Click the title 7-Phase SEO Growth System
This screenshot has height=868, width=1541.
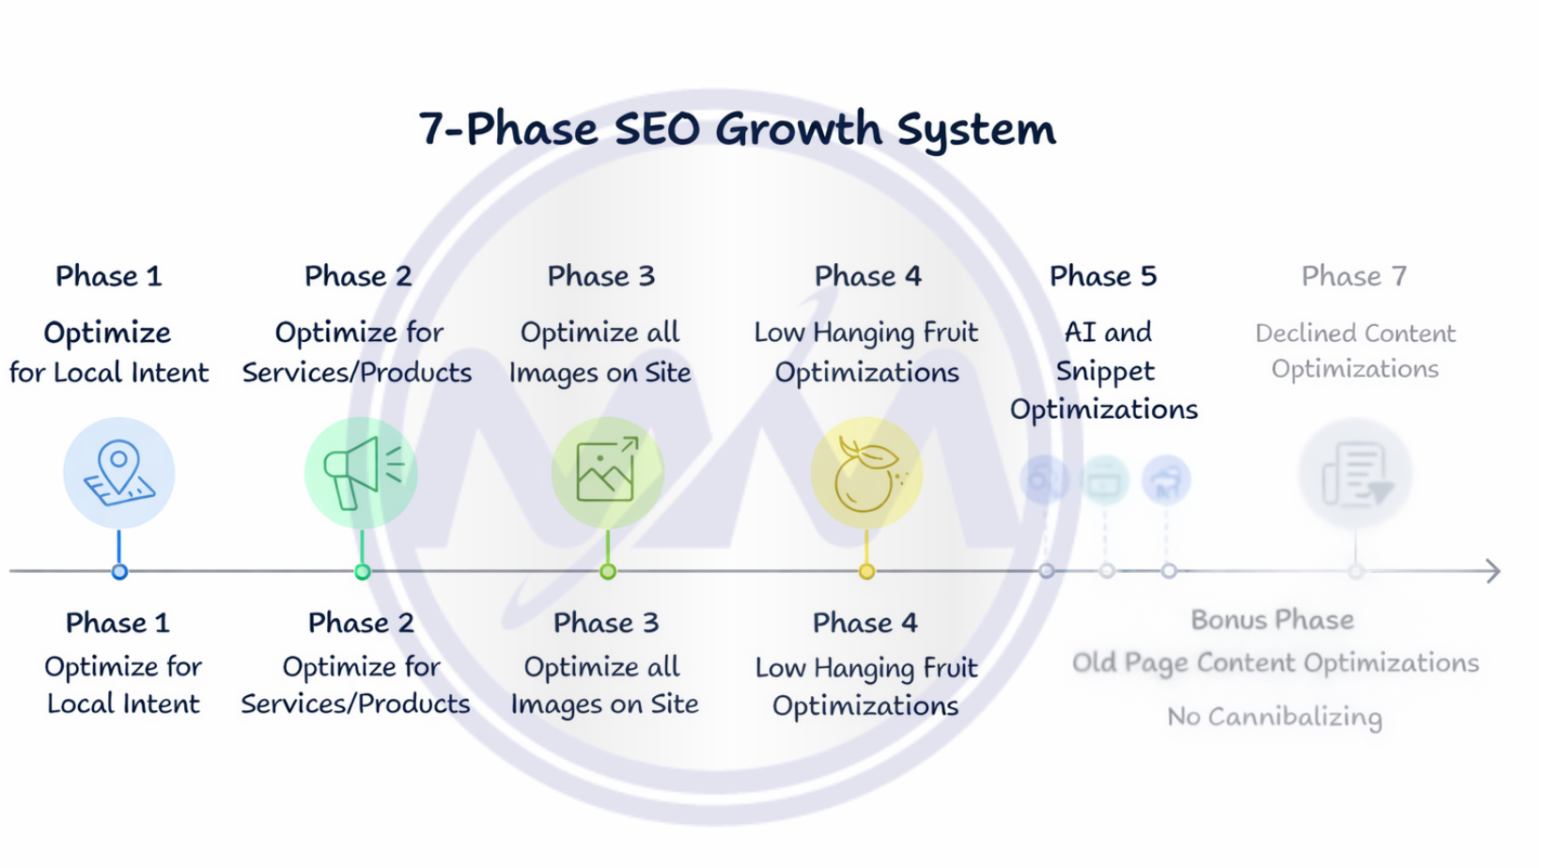tap(737, 130)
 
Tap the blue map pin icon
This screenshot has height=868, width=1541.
tap(119, 473)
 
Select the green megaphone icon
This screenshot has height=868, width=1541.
tap(362, 473)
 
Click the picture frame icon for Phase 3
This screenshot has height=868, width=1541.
tap(607, 473)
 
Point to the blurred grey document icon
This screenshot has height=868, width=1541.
tap(1355, 474)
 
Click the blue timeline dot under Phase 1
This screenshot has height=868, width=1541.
tap(119, 571)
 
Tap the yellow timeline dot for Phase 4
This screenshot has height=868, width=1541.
tap(866, 571)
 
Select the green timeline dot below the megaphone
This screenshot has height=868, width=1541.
tap(362, 571)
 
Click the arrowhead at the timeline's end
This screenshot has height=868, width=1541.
tap(1492, 571)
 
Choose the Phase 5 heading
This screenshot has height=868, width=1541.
tap(1103, 276)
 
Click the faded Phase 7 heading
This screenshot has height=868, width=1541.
tap(1354, 276)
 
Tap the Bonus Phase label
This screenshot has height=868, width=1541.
tap(1272, 620)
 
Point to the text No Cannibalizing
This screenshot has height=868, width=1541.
tap(1274, 717)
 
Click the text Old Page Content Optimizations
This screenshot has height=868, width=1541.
tap(1275, 663)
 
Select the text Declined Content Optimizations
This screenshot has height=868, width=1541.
tap(1355, 351)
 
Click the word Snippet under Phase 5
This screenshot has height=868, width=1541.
tap(1105, 371)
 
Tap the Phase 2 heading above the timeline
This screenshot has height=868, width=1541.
tap(358, 276)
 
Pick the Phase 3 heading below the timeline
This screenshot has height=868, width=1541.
tap(606, 623)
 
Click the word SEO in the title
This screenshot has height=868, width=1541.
tap(657, 130)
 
